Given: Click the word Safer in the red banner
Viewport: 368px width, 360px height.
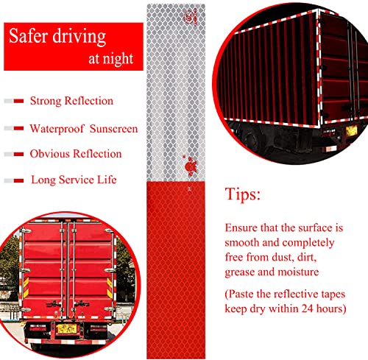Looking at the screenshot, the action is tap(28, 36).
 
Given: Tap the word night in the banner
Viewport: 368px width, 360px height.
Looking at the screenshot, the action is tap(118, 59).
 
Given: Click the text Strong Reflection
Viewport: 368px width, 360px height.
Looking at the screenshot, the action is tap(71, 101).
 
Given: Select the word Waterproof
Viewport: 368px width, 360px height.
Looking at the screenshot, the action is tap(57, 129).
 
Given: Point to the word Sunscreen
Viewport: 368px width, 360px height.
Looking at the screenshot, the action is tap(114, 129).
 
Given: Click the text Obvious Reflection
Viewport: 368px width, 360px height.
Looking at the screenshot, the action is tap(76, 154).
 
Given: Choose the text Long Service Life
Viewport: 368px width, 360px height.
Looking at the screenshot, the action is tap(74, 180).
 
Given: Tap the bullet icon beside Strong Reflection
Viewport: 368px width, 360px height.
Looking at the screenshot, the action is tap(14, 101).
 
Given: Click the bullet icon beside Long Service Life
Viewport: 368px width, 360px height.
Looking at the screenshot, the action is tap(14, 181).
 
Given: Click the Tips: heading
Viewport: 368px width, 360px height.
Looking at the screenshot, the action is tap(243, 194).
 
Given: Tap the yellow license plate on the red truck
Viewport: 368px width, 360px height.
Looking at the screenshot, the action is tap(66, 328).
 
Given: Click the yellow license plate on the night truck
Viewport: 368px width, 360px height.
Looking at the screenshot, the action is tap(351, 130).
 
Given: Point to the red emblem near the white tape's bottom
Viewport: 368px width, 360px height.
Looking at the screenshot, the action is tap(190, 166).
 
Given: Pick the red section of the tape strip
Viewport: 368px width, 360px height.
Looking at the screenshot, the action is tap(176, 270).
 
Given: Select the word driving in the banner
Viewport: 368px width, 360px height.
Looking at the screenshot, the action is tap(79, 37).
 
